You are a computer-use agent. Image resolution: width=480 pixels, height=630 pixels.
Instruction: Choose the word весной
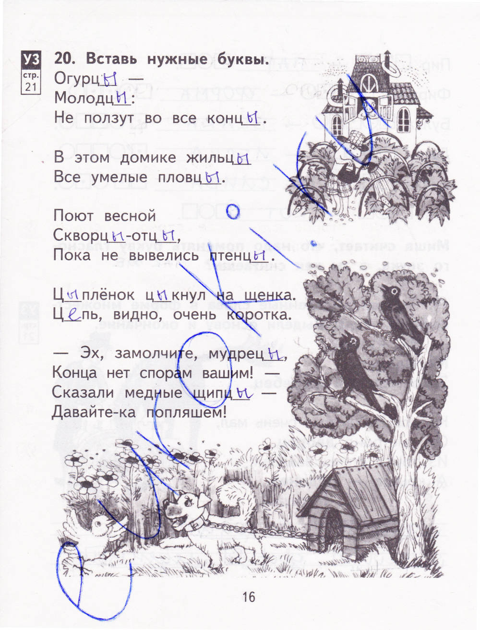coord(130,216)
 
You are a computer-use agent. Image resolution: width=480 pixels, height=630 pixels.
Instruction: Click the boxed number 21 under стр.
coord(31,86)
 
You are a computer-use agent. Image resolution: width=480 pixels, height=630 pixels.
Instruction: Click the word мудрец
coord(236,355)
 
